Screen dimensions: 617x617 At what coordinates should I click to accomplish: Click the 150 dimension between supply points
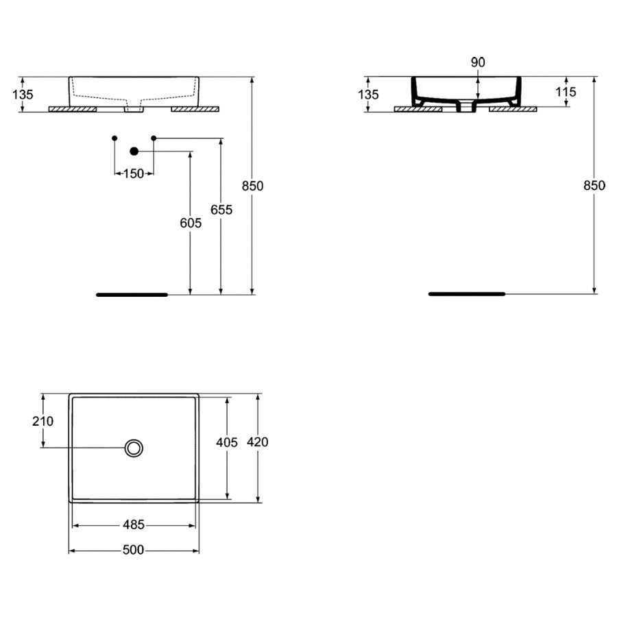tap(134, 173)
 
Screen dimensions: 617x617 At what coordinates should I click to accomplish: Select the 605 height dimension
tap(191, 223)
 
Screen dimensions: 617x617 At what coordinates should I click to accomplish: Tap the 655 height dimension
tap(221, 210)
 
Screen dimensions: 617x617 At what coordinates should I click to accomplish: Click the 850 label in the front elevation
tap(252, 186)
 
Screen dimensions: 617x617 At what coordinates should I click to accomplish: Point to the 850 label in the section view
tap(594, 185)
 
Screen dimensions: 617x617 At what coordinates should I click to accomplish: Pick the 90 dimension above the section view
tap(478, 62)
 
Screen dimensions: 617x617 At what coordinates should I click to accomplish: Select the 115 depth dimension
tap(566, 92)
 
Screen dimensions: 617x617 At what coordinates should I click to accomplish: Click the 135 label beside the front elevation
tap(23, 94)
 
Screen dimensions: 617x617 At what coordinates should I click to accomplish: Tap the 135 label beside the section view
tap(368, 94)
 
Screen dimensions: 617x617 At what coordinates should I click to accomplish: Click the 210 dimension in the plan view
tap(43, 421)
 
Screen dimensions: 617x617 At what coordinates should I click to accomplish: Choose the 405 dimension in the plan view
tap(227, 443)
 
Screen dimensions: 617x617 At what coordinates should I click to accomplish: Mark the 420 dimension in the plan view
tap(257, 442)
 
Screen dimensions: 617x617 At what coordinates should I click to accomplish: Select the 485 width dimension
tap(134, 525)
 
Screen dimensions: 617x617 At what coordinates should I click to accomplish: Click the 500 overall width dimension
tap(134, 550)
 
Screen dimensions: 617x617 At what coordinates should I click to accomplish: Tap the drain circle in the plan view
tap(134, 448)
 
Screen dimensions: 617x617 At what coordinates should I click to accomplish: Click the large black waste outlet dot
tap(134, 151)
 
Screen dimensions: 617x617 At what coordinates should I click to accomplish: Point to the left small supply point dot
tap(114, 138)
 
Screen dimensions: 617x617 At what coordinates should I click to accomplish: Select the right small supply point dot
tap(154, 138)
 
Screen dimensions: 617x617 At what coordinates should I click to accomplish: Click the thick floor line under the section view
tap(467, 293)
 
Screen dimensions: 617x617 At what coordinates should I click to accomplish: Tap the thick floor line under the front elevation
tap(132, 295)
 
